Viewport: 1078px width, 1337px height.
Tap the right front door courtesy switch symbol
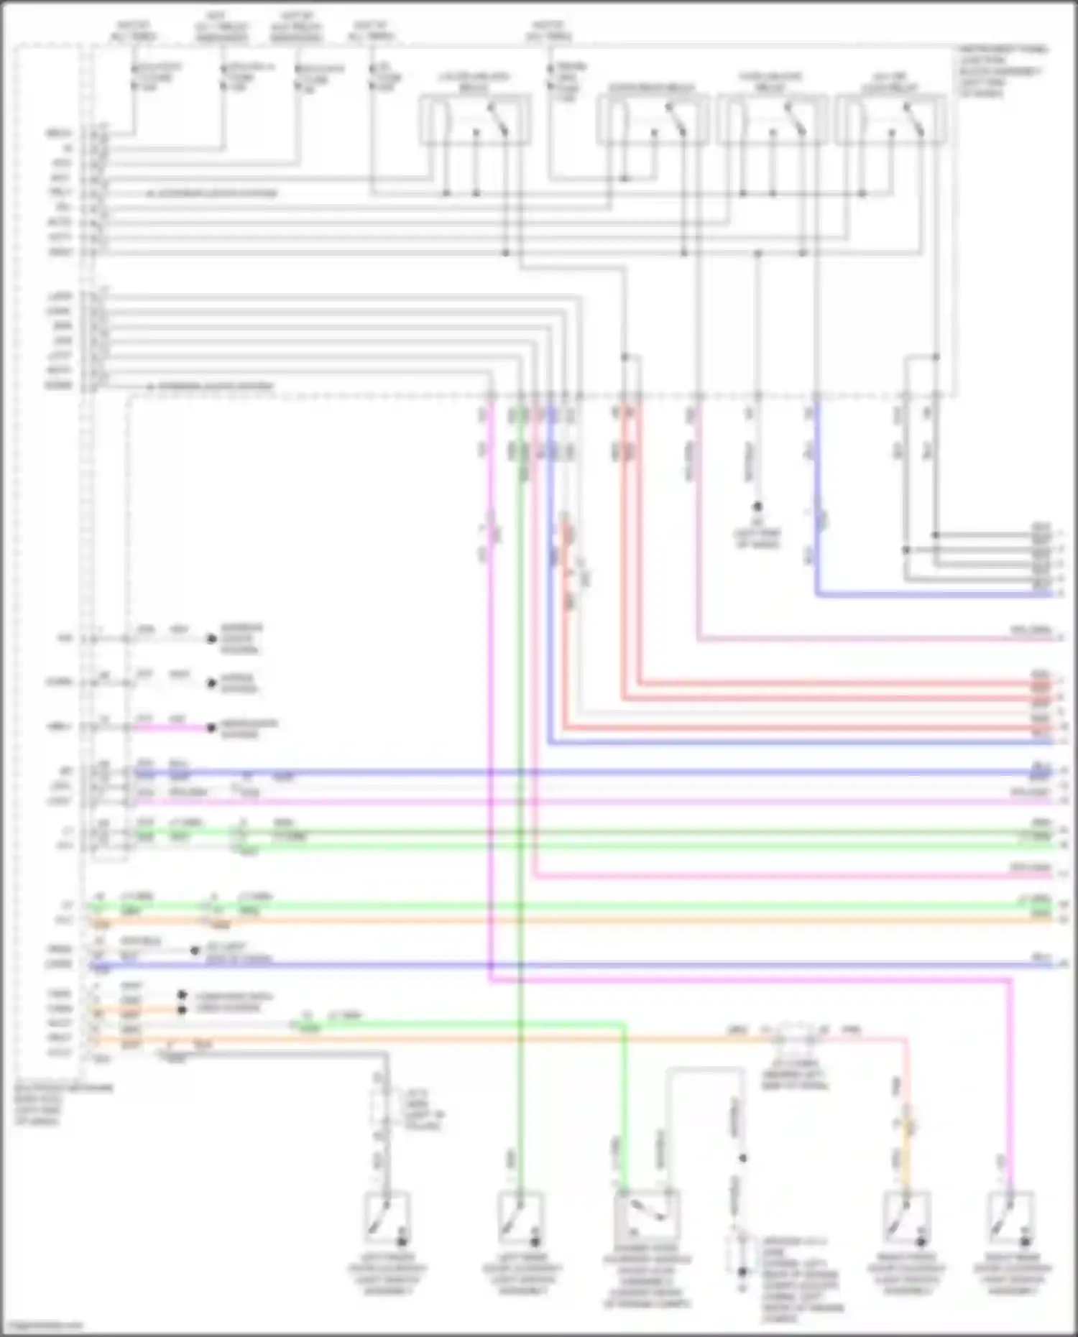907,1218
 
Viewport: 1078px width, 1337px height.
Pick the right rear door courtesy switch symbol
1011,1218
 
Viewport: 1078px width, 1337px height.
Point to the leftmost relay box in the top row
475,120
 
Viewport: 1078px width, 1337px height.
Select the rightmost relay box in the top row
890,120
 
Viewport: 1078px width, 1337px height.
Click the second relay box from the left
653,120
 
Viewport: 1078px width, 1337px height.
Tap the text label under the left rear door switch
522,1274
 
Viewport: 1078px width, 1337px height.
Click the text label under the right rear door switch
1012,1274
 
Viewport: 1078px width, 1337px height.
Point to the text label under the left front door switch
387,1274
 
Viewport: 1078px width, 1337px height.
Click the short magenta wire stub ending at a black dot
172,728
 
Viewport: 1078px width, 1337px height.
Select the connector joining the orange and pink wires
794,1038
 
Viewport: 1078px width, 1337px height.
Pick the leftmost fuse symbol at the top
134,77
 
